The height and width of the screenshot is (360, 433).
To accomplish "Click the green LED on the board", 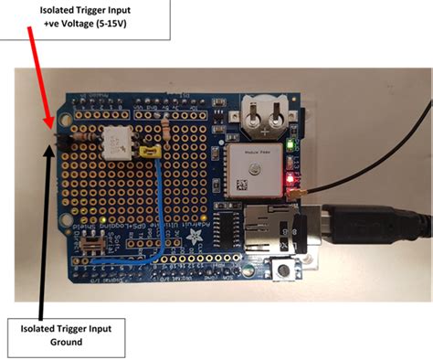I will (x=290, y=145).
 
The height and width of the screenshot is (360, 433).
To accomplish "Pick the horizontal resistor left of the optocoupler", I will (x=83, y=130).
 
